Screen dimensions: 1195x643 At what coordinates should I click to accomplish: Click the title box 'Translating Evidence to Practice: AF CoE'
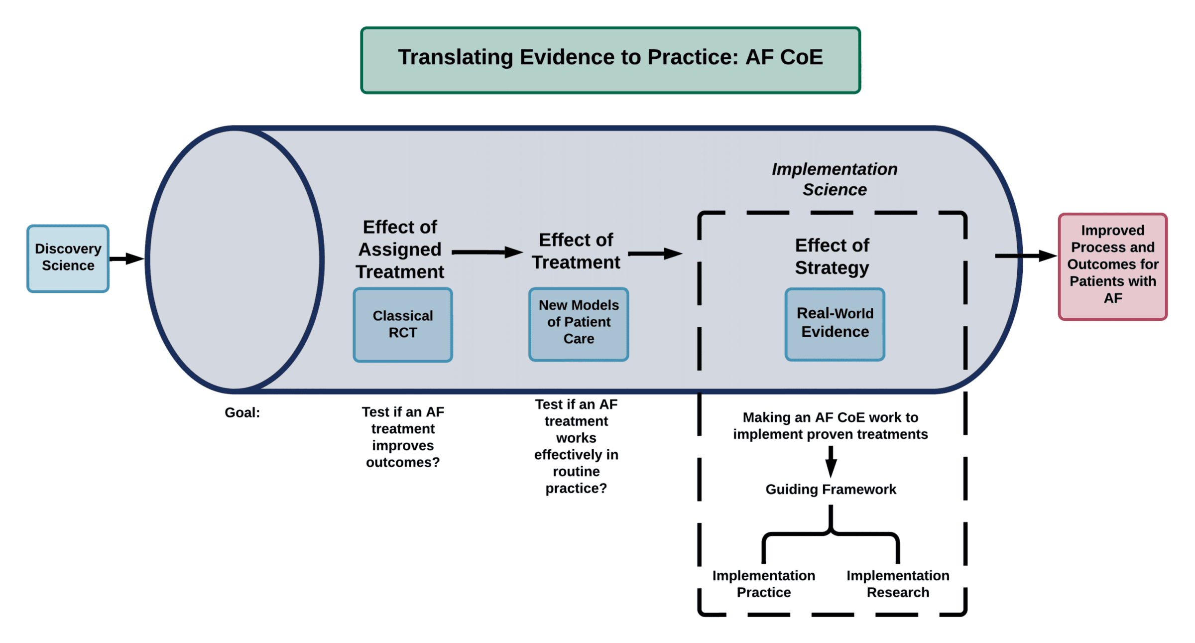point(610,60)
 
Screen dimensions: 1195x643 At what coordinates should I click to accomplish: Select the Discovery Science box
point(68,258)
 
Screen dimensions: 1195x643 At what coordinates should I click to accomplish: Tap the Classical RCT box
point(403,325)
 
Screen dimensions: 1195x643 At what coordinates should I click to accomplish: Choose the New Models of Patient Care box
point(579,324)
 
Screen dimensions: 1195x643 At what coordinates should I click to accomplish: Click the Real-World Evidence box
point(835,324)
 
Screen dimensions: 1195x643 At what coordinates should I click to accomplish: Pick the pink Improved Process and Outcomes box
point(1113,266)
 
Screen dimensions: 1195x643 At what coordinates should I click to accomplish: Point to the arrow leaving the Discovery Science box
point(126,258)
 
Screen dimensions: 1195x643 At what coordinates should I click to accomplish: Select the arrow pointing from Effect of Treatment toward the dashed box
point(655,254)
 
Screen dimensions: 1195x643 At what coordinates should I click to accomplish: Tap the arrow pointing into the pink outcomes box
point(1026,256)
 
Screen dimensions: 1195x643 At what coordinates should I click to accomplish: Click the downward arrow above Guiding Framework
point(831,462)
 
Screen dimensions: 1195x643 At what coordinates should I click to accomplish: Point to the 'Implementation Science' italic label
point(835,179)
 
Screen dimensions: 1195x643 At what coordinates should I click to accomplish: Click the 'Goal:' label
point(242,412)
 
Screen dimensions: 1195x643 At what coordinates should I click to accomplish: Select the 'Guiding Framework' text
point(831,489)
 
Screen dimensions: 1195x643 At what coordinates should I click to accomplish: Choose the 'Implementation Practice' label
point(764,584)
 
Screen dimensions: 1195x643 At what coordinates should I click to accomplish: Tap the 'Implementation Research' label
point(898,584)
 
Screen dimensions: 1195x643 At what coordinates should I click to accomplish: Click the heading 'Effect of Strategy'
point(832,257)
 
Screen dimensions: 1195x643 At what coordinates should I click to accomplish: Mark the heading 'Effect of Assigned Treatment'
point(400,249)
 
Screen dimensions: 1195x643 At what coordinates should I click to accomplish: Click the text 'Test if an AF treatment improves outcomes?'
point(403,437)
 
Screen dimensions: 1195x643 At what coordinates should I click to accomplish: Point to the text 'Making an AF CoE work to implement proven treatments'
point(831,426)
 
